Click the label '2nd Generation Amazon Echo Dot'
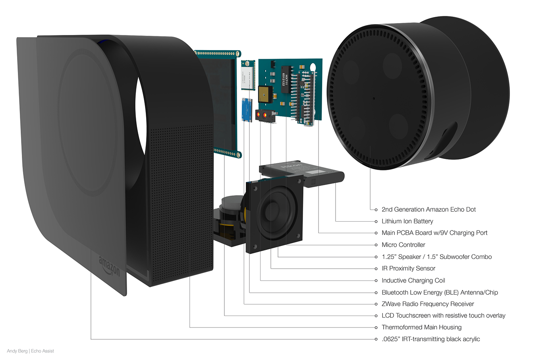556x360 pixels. click(x=429, y=209)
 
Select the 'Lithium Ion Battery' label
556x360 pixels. click(x=407, y=221)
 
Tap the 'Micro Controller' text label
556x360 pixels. click(x=403, y=245)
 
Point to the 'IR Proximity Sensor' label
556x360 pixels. click(x=408, y=269)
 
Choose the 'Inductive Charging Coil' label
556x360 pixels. click(x=413, y=281)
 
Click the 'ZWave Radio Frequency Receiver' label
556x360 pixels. click(x=428, y=304)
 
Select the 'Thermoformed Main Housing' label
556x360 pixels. click(x=421, y=327)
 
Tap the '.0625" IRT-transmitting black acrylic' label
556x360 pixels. click(x=431, y=339)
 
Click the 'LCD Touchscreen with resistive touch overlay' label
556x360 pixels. click(x=443, y=315)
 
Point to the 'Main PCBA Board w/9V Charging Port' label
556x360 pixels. click(x=434, y=233)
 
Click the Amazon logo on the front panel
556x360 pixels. click(x=109, y=266)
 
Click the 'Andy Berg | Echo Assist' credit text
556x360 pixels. click(x=30, y=351)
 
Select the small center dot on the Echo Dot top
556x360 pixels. click(x=374, y=98)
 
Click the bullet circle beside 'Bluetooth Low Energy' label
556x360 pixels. click(x=376, y=292)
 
